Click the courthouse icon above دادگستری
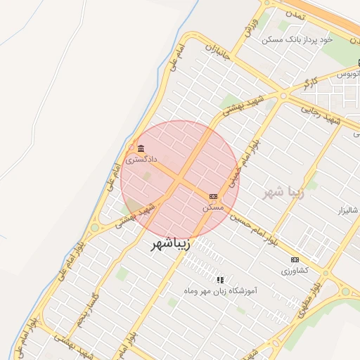pos(141,149)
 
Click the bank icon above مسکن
pos(213,196)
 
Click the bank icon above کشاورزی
pos(295,260)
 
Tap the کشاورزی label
pos(295,271)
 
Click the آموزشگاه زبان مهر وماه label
pos(219,290)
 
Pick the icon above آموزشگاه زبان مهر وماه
pos(219,279)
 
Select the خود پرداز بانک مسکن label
pos(296,39)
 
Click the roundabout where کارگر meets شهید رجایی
pos(282,94)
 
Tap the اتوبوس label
pos(347,74)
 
